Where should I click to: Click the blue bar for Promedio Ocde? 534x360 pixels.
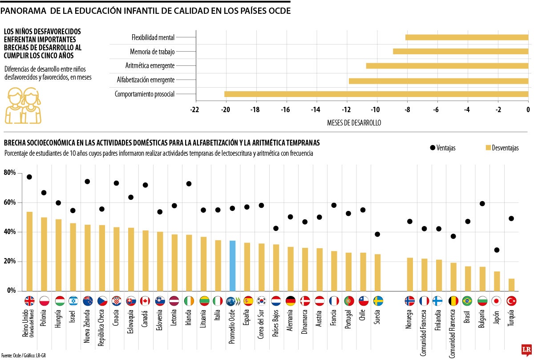[232, 266]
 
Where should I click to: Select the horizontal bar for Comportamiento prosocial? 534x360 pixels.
[376, 94]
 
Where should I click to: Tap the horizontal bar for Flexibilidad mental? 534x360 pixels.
[467, 37]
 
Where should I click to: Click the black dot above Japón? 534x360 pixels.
[497, 250]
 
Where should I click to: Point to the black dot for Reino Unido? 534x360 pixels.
[29, 177]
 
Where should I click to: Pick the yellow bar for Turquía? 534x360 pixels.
[511, 285]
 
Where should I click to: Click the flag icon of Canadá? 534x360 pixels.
[145, 301]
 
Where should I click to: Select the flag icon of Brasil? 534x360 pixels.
[467, 301]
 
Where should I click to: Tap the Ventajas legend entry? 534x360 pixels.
[442, 148]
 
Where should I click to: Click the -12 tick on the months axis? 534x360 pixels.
[346, 109]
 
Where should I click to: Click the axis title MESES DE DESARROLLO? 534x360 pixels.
[354, 122]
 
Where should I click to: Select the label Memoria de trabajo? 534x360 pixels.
[152, 52]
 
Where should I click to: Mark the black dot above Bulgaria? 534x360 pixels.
[482, 204]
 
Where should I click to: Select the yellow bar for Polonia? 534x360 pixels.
[44, 254]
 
